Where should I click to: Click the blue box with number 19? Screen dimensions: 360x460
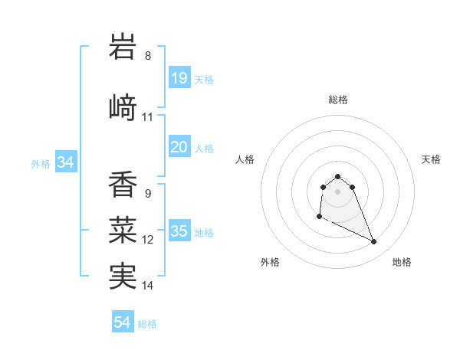tap(179, 78)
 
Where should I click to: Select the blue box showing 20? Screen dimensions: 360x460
tap(179, 147)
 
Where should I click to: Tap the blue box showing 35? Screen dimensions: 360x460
tap(179, 231)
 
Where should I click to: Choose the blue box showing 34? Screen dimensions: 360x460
tap(65, 162)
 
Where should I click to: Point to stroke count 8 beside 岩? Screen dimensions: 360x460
tap(148, 56)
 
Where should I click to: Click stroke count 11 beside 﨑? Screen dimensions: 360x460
tap(148, 117)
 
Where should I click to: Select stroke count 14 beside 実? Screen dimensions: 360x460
tap(148, 286)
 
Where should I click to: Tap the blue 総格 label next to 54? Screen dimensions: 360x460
tap(147, 324)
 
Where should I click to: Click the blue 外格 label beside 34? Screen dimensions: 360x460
tap(41, 163)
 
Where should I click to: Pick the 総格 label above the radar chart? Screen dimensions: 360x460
tap(337, 100)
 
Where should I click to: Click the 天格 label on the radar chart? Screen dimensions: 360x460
tap(432, 159)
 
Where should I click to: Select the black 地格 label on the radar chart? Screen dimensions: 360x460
tap(402, 262)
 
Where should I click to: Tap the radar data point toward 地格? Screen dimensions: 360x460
tap(374, 242)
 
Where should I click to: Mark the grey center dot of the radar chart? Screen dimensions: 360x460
tap(337, 191)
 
